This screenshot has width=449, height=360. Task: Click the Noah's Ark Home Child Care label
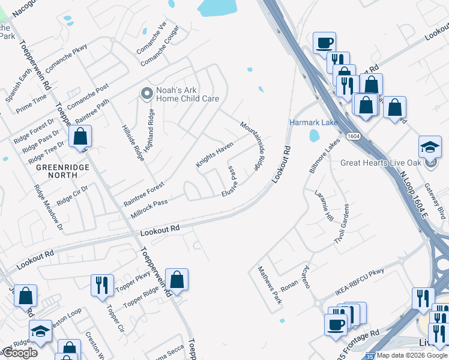pyautogui.click(x=187, y=94)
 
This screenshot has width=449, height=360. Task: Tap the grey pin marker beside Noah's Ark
pyautogui.click(x=146, y=94)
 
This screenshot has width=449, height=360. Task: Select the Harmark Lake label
pyautogui.click(x=313, y=122)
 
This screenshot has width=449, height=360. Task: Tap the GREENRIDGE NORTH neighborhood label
pyautogui.click(x=62, y=171)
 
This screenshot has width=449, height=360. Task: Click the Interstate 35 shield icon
pyautogui.click(x=370, y=356)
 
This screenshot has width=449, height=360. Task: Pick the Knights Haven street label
pyautogui.click(x=214, y=155)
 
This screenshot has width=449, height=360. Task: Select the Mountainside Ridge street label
pyautogui.click(x=253, y=145)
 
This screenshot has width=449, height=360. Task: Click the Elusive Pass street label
pyautogui.click(x=234, y=182)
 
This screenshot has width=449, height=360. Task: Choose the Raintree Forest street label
pyautogui.click(x=143, y=194)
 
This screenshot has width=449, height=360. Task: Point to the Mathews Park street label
pyautogui.click(x=270, y=286)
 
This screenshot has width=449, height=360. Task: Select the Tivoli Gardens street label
pyautogui.click(x=341, y=224)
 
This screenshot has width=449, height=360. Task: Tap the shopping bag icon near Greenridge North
pyautogui.click(x=80, y=136)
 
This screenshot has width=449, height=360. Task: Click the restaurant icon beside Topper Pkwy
pyautogui.click(x=102, y=284)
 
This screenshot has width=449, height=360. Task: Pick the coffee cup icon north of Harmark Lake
pyautogui.click(x=324, y=43)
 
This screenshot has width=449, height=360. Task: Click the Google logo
pyautogui.click(x=20, y=353)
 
